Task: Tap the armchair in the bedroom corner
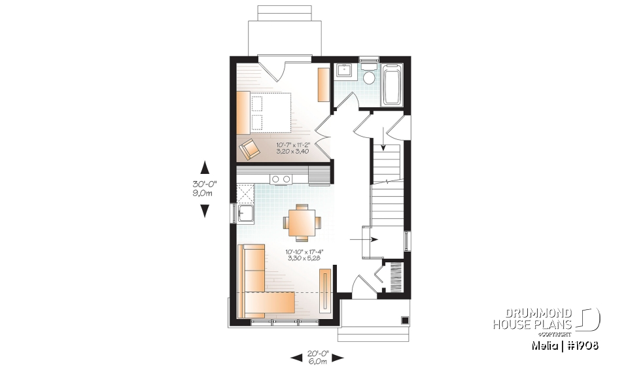(x=249, y=149)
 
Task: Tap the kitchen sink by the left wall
(x=245, y=214)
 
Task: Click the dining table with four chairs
(x=302, y=222)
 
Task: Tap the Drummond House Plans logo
(x=546, y=318)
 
